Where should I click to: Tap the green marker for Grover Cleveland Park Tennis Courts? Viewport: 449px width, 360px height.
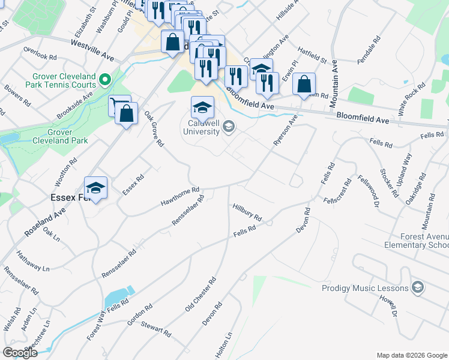click(x=105, y=79)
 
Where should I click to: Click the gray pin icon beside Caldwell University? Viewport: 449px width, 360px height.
click(x=228, y=127)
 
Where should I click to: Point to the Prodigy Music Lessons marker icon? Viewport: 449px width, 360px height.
click(x=418, y=288)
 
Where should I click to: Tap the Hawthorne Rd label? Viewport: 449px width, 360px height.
click(x=179, y=196)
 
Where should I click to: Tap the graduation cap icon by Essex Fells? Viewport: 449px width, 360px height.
click(x=95, y=187)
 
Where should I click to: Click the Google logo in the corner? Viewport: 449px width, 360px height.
click(x=20, y=353)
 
